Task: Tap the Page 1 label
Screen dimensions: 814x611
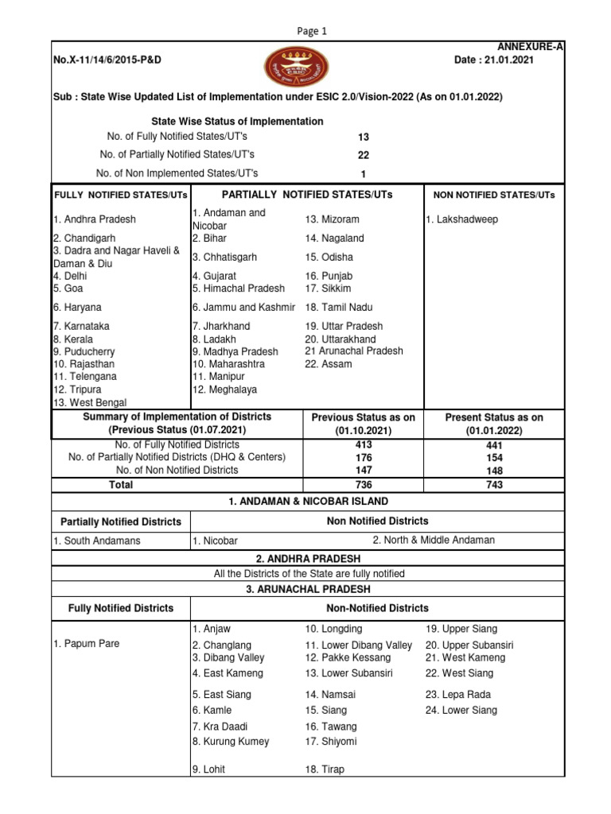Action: [x=313, y=31]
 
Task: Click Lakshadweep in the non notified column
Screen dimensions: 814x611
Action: [x=462, y=219]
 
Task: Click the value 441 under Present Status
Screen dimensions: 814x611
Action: [x=494, y=446]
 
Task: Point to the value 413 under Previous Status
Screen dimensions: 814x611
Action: [x=364, y=445]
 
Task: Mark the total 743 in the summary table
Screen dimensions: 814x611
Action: [x=494, y=485]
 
